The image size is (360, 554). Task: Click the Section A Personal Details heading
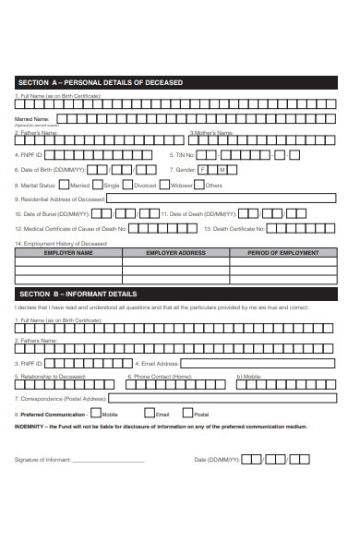pyautogui.click(x=102, y=82)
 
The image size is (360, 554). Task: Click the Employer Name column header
pyautogui.click(x=68, y=252)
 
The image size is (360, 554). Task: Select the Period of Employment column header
pyautogui.click(x=282, y=252)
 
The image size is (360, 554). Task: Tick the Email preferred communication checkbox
pyautogui.click(x=148, y=414)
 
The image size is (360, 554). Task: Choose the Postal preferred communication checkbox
pyautogui.click(x=188, y=414)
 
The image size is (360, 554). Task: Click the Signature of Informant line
pyautogui.click(x=108, y=459)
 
